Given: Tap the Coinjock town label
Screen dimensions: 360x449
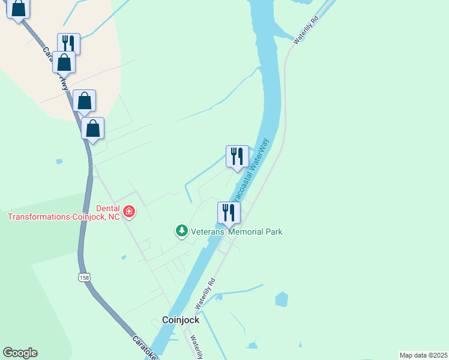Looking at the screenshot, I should coord(181,320).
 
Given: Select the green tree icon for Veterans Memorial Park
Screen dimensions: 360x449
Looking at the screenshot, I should coord(181,231).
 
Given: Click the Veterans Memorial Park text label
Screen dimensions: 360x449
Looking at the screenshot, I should coord(237,232).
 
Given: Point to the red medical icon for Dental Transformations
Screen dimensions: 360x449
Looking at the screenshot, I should coord(129,211).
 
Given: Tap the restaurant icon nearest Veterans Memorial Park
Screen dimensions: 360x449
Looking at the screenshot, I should coord(229,212).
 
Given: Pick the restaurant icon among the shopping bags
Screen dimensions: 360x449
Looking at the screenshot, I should coord(68,43).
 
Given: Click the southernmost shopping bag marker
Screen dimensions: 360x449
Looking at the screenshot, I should coord(93,128).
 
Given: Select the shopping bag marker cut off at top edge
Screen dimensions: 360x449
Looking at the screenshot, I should coord(19,9).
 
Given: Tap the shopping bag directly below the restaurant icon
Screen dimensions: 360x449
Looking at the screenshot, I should coord(64,62).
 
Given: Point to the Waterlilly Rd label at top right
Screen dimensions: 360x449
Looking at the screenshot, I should coord(306,29).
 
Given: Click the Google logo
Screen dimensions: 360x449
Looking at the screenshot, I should coord(20,353).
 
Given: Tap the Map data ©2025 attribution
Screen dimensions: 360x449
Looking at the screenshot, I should coord(423,355).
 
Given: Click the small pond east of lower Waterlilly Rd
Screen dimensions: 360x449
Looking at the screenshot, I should coord(281,299).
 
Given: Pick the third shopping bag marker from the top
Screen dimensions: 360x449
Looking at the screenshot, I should coord(85,101).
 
